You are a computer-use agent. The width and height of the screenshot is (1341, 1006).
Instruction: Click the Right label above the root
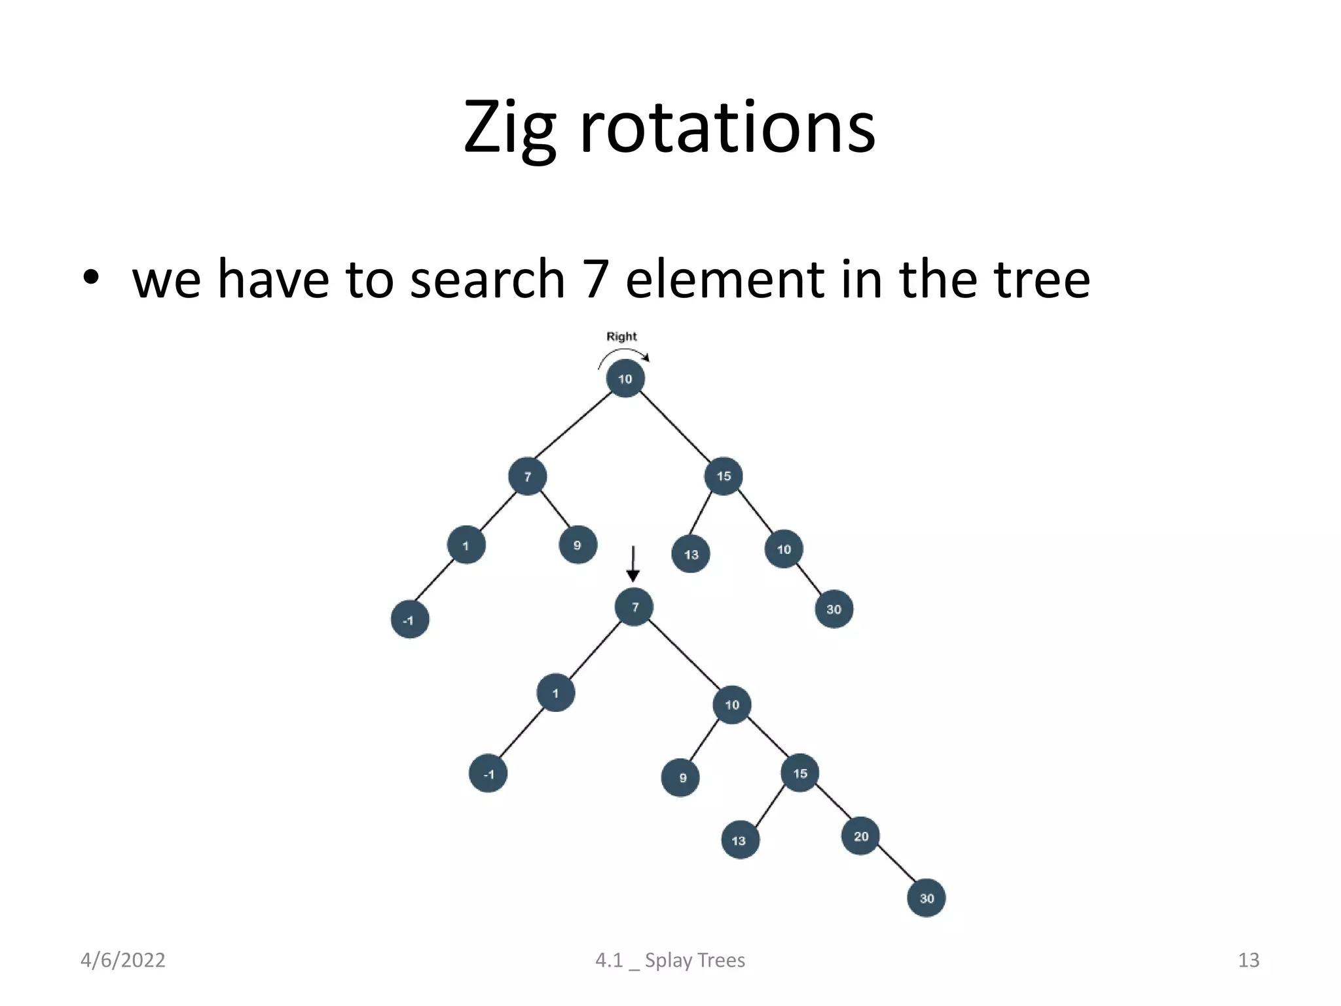(x=621, y=337)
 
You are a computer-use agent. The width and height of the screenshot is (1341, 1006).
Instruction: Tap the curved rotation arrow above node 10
(x=623, y=353)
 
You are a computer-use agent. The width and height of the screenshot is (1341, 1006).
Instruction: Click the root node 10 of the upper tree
(x=625, y=379)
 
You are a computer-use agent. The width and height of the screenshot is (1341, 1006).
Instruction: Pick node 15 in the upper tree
(x=724, y=476)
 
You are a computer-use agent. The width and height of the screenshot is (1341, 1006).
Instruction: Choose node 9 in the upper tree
(x=578, y=545)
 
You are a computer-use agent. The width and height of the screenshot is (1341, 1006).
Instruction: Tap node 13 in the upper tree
(x=691, y=555)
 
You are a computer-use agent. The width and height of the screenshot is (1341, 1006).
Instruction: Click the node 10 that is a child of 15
(x=784, y=550)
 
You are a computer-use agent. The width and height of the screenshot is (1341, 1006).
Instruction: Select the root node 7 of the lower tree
(x=634, y=607)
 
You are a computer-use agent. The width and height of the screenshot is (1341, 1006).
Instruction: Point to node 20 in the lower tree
(x=860, y=836)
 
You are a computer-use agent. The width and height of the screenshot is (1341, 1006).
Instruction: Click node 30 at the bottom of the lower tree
(x=926, y=898)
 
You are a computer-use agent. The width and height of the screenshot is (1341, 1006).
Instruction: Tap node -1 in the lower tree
(x=488, y=774)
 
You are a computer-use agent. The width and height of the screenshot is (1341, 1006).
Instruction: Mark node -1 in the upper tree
(x=409, y=620)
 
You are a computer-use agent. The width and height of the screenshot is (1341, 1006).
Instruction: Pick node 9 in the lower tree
(x=681, y=778)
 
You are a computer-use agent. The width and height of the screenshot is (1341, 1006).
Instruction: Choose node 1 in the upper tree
(x=466, y=545)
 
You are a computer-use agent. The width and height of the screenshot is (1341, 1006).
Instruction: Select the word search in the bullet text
(x=487, y=280)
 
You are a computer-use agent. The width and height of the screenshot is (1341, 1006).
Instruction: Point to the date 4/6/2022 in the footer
(x=122, y=960)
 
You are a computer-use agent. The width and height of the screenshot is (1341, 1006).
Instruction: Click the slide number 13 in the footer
(x=1248, y=960)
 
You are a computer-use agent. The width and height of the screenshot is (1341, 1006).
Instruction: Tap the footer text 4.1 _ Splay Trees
(x=670, y=960)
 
